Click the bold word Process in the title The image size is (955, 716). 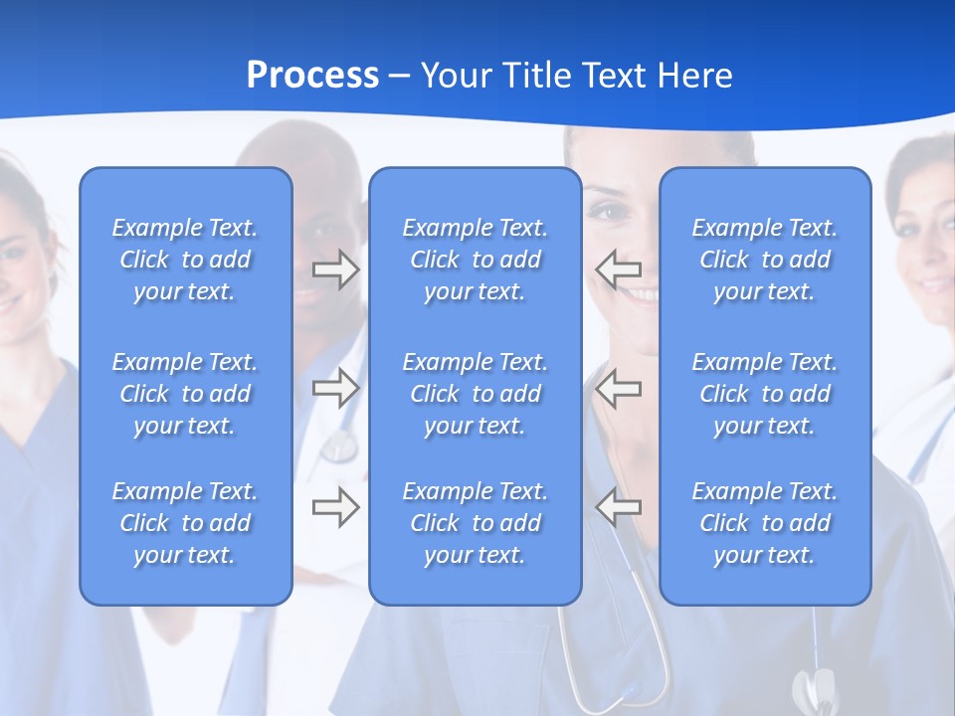tap(312, 76)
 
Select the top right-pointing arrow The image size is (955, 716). tap(336, 270)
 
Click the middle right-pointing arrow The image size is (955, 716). tap(336, 389)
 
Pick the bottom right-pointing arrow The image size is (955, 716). tap(336, 508)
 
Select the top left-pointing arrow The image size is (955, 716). tap(618, 270)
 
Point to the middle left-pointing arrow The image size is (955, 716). tap(618, 389)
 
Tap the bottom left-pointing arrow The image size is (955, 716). tap(618, 508)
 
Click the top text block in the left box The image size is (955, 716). tap(185, 260)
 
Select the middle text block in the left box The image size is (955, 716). tap(185, 394)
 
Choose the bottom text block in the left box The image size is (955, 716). tap(185, 523)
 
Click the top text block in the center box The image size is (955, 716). tap(475, 260)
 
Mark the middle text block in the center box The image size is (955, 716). tap(475, 394)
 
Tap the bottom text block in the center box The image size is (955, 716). tap(475, 523)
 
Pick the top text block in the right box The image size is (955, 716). tap(764, 260)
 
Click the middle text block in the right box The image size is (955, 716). tap(764, 394)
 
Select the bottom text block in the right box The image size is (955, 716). tap(764, 523)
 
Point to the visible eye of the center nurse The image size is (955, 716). tap(604, 211)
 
